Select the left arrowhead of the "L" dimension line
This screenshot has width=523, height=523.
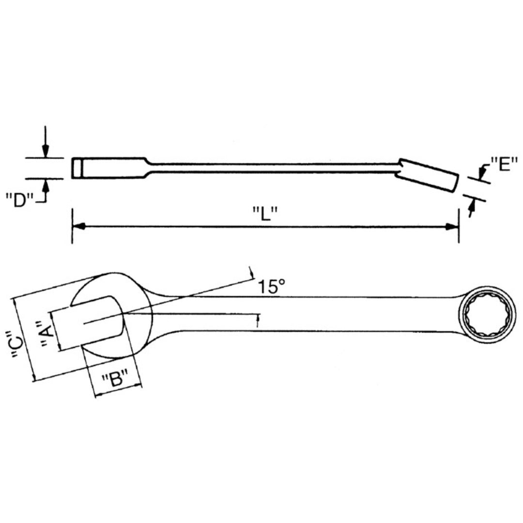79,226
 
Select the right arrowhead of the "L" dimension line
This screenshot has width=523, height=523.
452,226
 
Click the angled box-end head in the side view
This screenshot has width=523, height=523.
429,175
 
